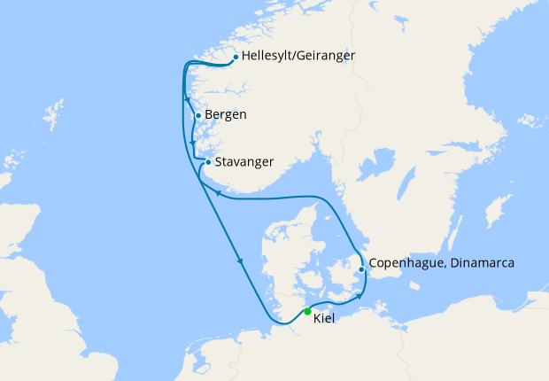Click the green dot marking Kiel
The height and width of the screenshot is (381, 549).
[x=307, y=311]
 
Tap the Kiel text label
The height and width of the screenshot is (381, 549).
[x=324, y=318]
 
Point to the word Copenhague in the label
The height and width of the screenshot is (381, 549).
[x=403, y=263]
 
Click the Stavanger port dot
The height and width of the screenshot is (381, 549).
[x=207, y=162]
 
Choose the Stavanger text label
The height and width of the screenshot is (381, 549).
[x=244, y=162]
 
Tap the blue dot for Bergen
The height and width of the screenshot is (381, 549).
[x=197, y=115]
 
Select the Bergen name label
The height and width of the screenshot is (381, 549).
[x=225, y=115]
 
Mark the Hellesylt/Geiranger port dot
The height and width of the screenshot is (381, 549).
[x=235, y=58]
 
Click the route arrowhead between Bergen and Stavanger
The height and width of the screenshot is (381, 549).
[x=193, y=143]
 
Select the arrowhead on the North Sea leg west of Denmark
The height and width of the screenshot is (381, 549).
[x=240, y=260]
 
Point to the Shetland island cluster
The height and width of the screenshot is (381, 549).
[x=55, y=115]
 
